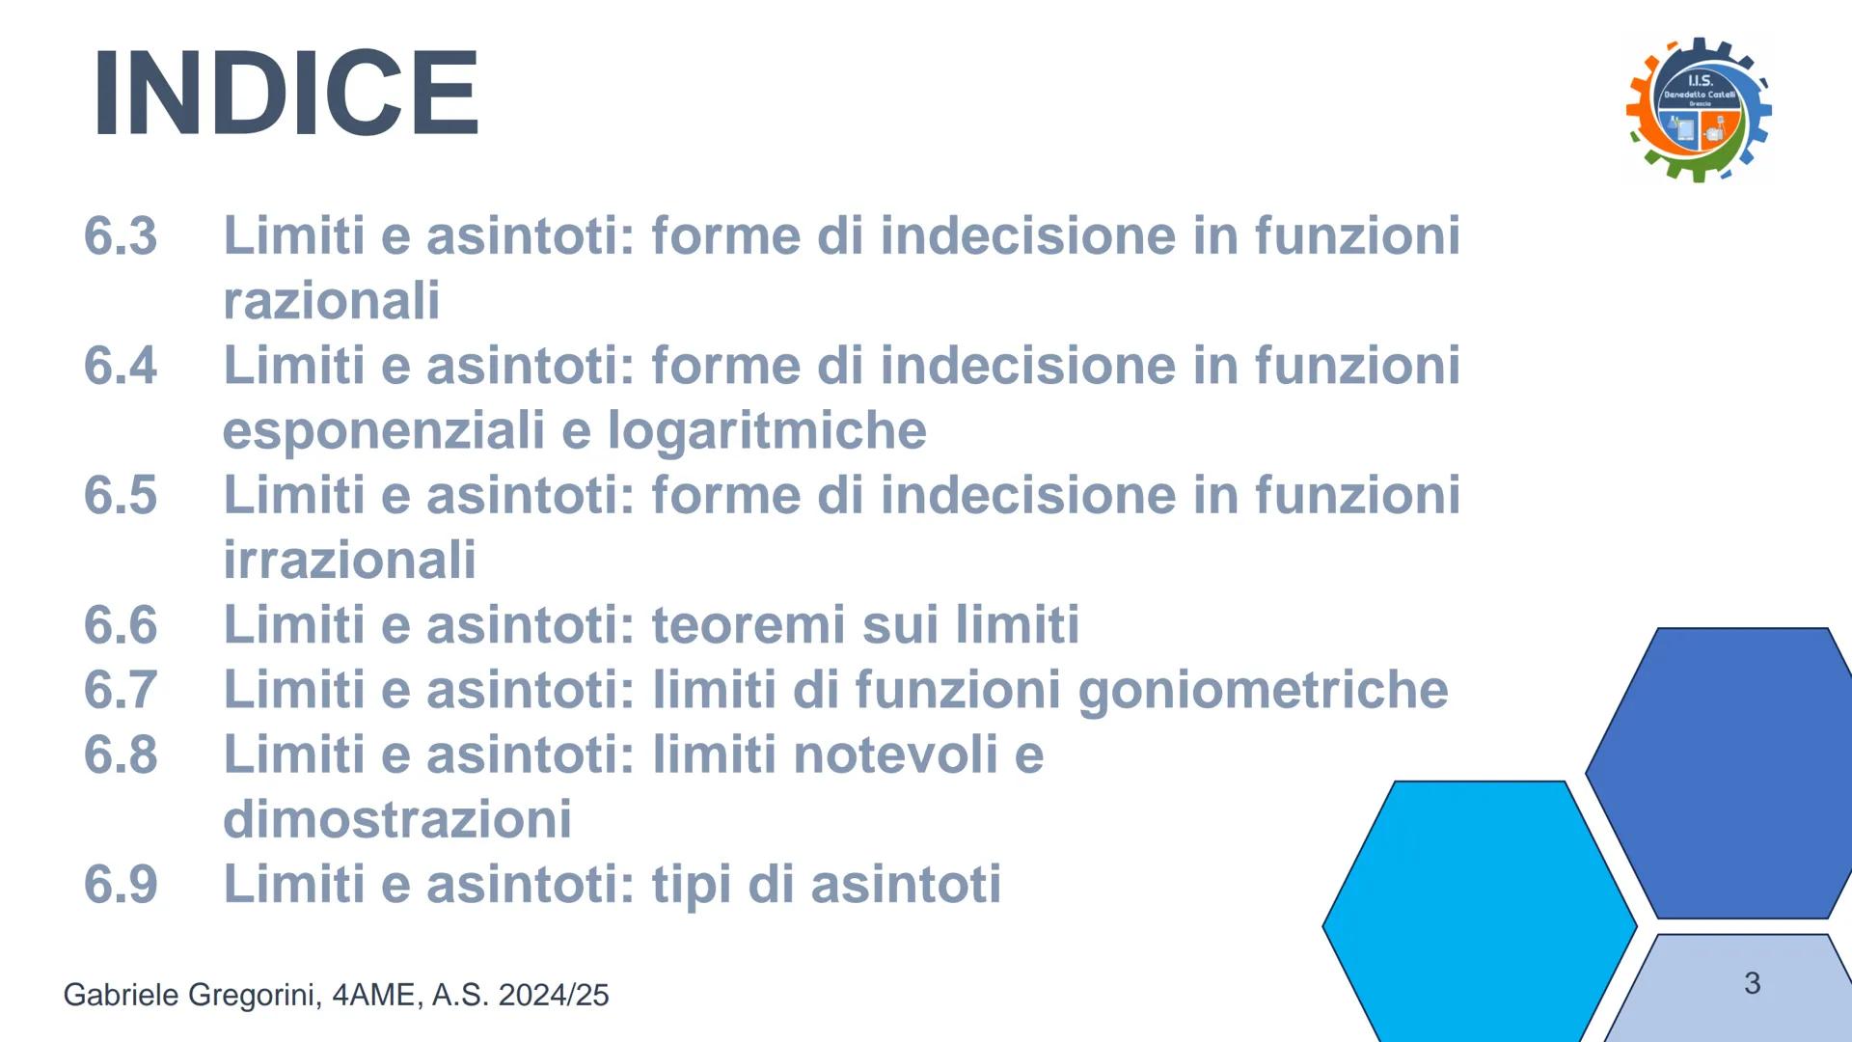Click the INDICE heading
286,94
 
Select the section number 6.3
121,236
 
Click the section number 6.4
121,366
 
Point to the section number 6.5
121,495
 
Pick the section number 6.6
121,625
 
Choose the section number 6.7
121,690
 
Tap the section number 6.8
121,754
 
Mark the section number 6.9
121,884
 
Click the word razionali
332,301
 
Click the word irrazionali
349,560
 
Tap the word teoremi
749,625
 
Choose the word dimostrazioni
397,819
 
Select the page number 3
1753,983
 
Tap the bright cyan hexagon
1479,912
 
